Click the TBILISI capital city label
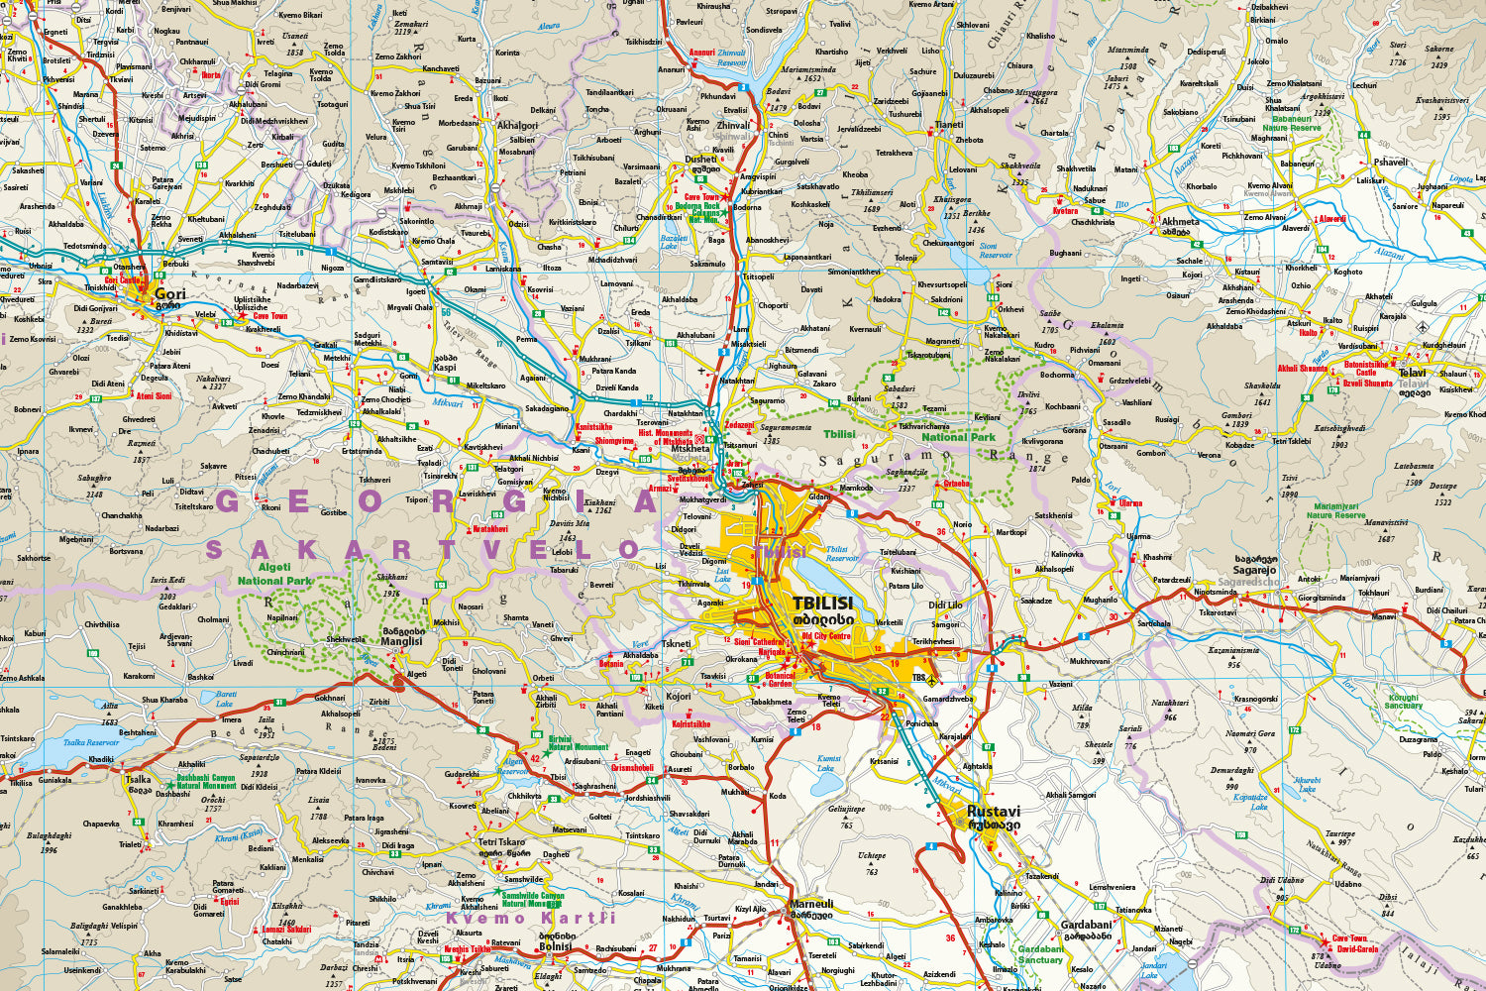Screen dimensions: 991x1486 822,603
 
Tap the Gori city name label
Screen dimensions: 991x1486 170,294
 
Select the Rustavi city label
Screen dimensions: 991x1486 993,811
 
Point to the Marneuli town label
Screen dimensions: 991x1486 811,904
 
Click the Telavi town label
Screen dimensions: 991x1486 1412,374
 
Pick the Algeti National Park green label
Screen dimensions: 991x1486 274,575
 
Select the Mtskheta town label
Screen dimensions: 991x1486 690,449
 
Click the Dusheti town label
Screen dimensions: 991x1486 701,159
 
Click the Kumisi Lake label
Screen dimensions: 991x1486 826,762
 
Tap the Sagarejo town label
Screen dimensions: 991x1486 1254,570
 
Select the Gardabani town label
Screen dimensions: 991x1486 1086,925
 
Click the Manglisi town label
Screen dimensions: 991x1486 402,641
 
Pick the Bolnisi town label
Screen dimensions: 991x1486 555,946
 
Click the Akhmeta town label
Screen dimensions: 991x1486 1180,222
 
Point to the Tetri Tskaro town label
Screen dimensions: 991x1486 501,842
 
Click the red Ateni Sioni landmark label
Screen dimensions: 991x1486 154,396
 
